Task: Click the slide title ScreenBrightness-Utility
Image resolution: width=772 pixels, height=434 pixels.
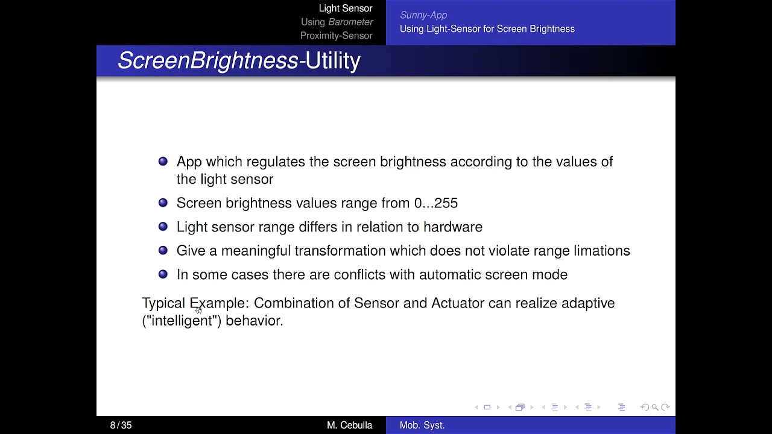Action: point(239,61)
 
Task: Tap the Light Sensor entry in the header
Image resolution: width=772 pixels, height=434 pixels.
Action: point(346,8)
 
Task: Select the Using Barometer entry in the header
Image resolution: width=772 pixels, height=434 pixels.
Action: point(337,22)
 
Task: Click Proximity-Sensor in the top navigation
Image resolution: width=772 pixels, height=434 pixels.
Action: point(336,36)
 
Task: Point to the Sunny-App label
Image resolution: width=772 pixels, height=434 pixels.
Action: point(423,15)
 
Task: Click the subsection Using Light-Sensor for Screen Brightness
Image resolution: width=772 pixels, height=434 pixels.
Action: point(487,29)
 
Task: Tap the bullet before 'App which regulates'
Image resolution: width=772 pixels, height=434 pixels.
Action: point(163,162)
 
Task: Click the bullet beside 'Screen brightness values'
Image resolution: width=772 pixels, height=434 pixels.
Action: point(163,203)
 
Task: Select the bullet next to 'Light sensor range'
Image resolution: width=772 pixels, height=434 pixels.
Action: point(163,227)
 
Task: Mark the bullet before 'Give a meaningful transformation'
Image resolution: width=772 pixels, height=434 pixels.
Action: point(163,250)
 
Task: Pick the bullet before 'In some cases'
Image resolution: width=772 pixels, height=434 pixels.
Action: point(163,274)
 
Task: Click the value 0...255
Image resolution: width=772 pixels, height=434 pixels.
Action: point(435,203)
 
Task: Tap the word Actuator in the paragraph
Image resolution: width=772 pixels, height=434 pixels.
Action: point(457,303)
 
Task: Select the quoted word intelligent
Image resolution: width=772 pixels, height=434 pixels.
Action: point(182,321)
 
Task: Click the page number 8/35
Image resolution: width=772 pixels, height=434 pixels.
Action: point(121,425)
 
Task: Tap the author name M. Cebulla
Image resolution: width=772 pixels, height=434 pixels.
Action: point(349,425)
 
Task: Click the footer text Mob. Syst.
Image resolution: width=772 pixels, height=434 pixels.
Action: point(422,425)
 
